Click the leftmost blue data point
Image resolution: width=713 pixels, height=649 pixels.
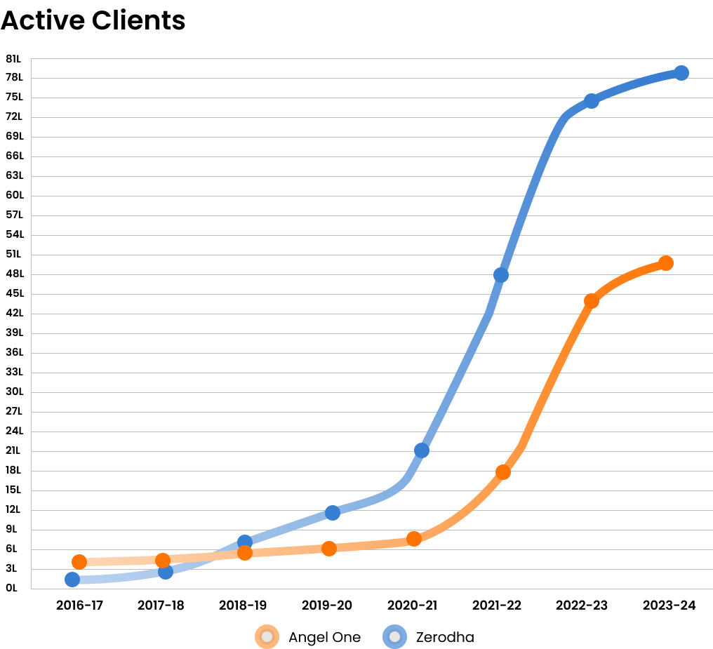coord(72,579)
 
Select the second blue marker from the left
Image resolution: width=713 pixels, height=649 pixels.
coord(166,571)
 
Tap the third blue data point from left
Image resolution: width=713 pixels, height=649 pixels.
coord(245,542)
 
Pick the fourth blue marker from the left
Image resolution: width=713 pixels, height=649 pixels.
coord(333,513)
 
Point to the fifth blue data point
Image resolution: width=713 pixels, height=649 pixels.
coord(421,450)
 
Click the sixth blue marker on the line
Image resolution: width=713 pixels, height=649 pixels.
coord(500,274)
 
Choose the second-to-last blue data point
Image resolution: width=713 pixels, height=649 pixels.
coord(592,101)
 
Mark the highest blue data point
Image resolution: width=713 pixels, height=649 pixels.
coord(681,72)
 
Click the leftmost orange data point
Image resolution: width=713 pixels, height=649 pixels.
coord(79,561)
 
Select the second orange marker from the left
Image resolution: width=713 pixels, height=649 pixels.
coord(163,560)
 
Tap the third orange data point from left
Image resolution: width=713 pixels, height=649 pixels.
coord(245,553)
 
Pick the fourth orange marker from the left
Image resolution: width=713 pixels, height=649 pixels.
coord(329,548)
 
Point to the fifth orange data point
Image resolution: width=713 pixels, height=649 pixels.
coord(414,539)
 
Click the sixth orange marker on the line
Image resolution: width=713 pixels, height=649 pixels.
coord(502,472)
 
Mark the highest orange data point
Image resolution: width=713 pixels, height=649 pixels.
coord(666,263)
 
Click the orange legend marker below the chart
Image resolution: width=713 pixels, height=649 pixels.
coord(267,636)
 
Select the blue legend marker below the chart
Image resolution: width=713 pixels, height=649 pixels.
coord(394,636)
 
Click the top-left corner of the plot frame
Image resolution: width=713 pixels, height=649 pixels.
coord(32,58)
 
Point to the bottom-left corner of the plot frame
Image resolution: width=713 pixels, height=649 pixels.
coord(32,589)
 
